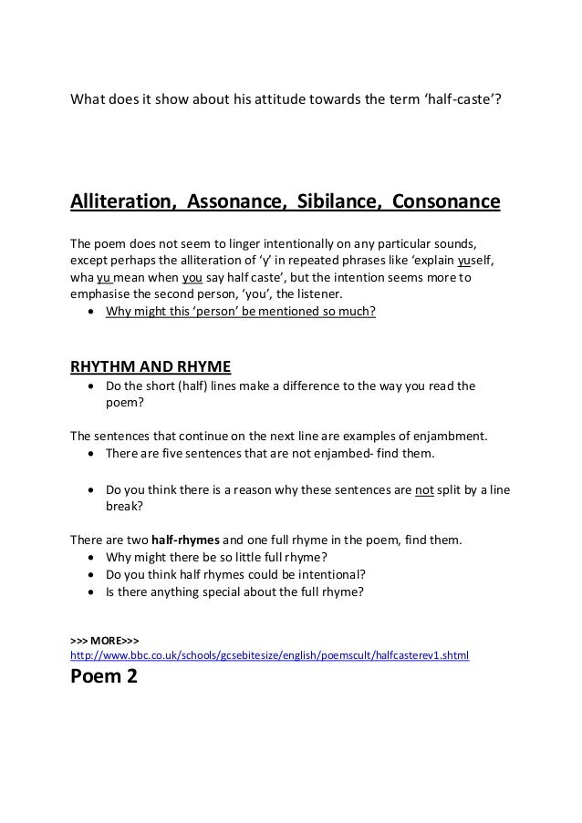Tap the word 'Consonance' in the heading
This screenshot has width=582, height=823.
click(x=445, y=201)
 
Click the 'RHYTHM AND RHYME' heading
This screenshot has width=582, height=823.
click(x=151, y=367)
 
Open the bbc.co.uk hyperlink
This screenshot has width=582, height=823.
click(x=270, y=654)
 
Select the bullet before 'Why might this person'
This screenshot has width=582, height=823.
click(x=88, y=313)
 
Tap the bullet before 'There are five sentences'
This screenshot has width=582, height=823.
click(x=88, y=453)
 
